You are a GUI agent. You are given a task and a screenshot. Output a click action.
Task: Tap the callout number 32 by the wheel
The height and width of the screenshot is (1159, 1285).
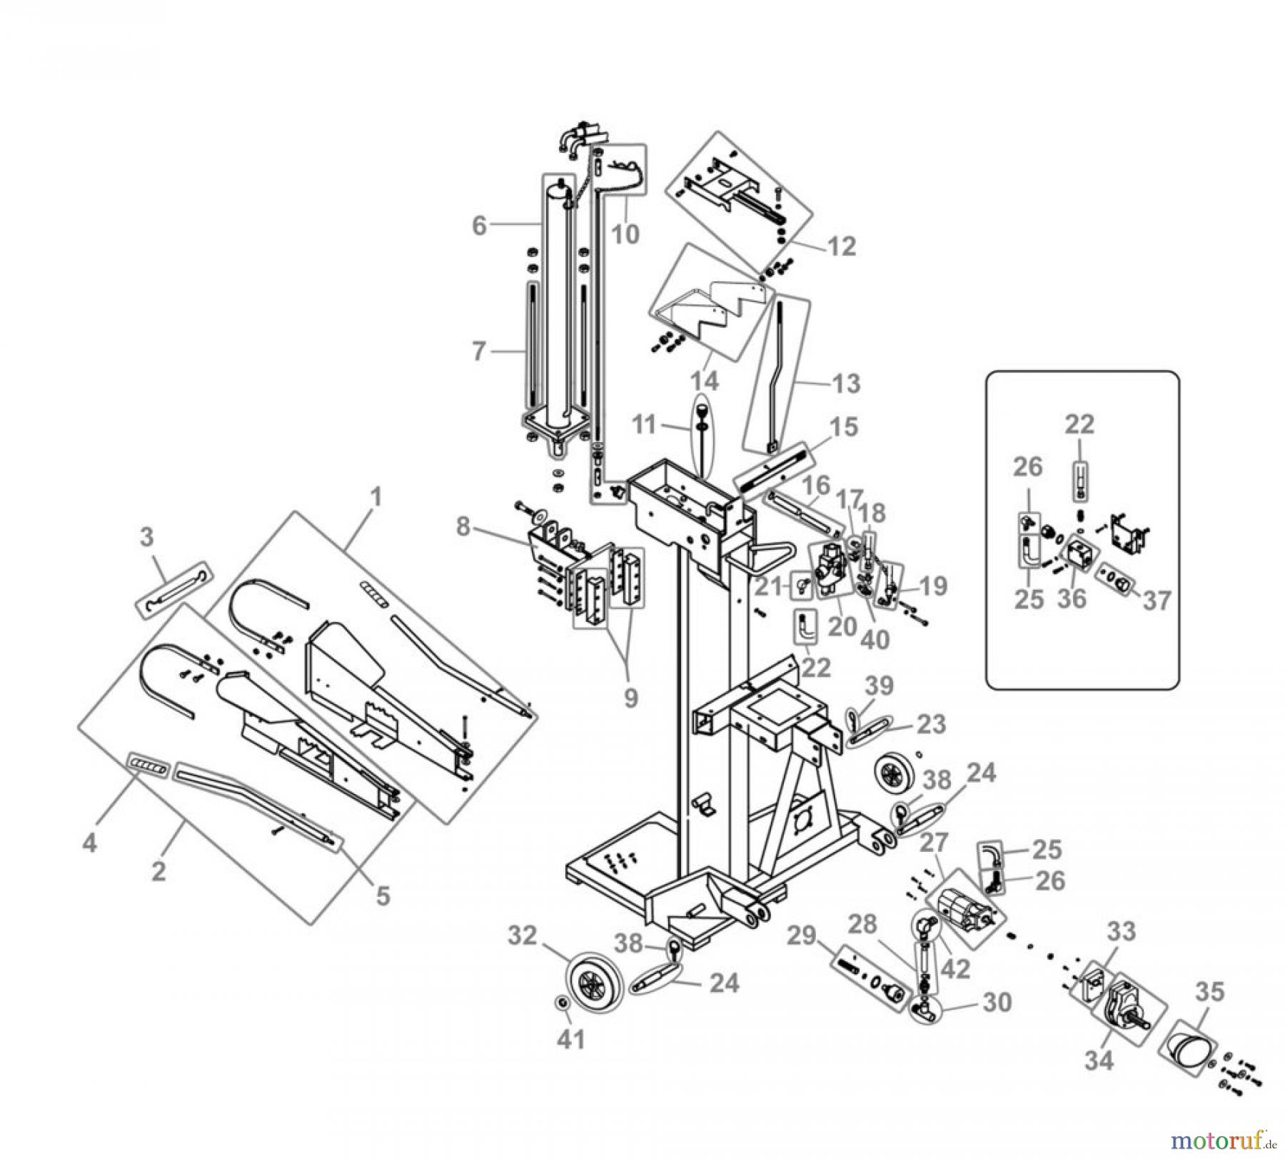[522, 935]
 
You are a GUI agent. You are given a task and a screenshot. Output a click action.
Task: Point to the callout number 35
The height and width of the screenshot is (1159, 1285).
[1209, 992]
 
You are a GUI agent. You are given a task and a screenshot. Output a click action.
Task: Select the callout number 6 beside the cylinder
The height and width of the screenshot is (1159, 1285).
[479, 226]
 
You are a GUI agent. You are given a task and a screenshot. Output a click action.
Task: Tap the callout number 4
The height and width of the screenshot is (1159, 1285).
[89, 843]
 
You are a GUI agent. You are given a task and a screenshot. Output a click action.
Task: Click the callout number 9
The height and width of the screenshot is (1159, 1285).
[630, 698]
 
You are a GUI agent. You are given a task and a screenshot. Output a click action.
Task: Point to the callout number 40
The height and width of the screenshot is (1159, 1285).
[875, 639]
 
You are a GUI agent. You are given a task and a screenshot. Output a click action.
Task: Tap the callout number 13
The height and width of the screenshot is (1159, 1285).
[847, 383]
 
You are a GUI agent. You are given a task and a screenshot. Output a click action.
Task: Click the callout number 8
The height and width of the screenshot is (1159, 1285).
[463, 528]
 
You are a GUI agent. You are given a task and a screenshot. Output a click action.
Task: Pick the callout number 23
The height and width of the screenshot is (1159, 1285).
[931, 724]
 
